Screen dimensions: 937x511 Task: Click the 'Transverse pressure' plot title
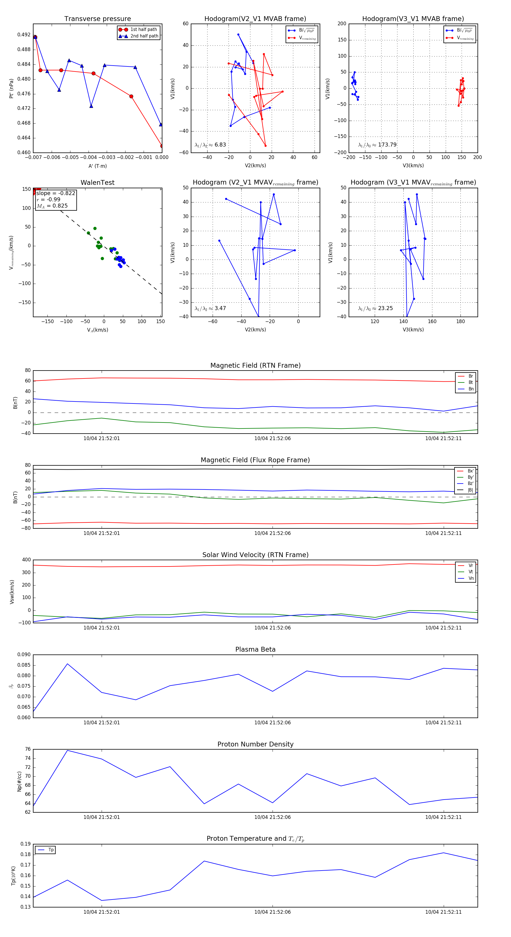click(x=97, y=19)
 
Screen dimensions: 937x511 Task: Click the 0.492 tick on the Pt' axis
click(x=24, y=35)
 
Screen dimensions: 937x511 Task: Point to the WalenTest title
click(x=97, y=183)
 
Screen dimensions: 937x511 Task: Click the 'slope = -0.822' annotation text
click(x=56, y=193)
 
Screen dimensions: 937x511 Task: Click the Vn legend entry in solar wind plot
click(x=471, y=578)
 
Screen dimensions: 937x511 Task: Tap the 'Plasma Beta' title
click(x=255, y=650)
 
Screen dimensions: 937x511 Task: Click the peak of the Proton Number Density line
click(x=67, y=750)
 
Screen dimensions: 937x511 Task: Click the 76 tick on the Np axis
click(x=28, y=749)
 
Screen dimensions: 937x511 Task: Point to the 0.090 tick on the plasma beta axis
click(x=24, y=655)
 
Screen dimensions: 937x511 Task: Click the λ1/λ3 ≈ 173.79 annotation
click(x=377, y=145)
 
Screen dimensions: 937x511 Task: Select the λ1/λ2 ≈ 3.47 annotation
click(x=210, y=308)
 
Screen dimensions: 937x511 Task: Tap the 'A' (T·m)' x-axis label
click(x=97, y=166)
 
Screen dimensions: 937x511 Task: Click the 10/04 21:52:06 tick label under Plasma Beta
click(x=273, y=723)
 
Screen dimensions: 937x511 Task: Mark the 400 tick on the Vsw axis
click(x=26, y=560)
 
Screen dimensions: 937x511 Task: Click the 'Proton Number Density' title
click(x=255, y=744)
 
